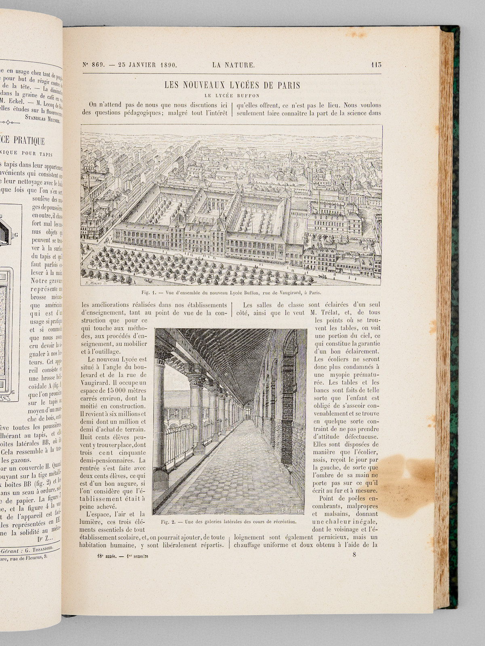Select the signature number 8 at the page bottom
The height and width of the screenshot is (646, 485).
354,555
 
